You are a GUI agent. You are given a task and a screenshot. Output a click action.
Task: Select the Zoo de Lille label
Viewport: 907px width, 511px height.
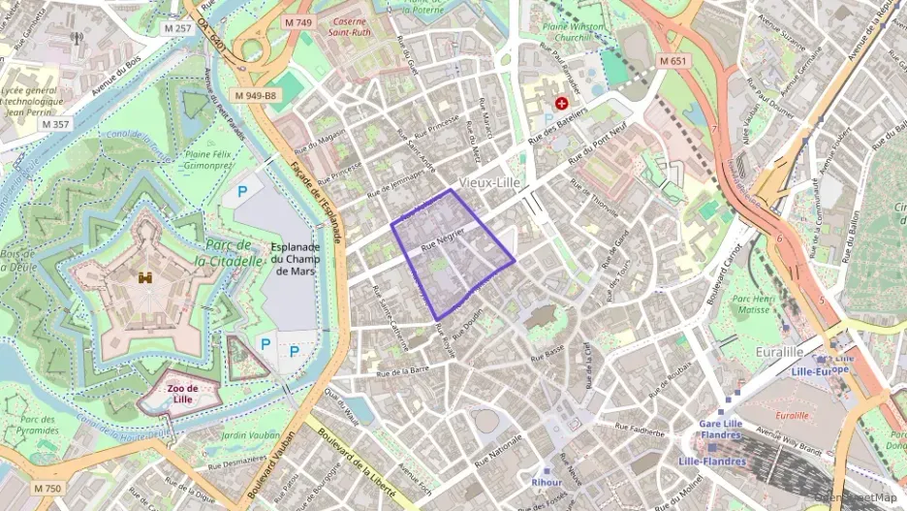click(x=183, y=394)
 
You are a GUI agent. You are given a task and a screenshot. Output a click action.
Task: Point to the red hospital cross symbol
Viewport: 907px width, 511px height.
click(x=560, y=103)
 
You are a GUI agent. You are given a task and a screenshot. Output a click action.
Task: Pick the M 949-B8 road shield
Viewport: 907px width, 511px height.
click(x=255, y=95)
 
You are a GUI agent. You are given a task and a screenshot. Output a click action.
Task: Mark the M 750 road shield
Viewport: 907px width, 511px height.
click(x=46, y=488)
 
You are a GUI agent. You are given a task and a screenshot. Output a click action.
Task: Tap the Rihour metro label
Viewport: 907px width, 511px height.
click(x=547, y=482)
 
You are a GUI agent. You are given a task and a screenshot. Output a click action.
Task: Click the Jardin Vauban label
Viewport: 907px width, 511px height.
click(x=250, y=436)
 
